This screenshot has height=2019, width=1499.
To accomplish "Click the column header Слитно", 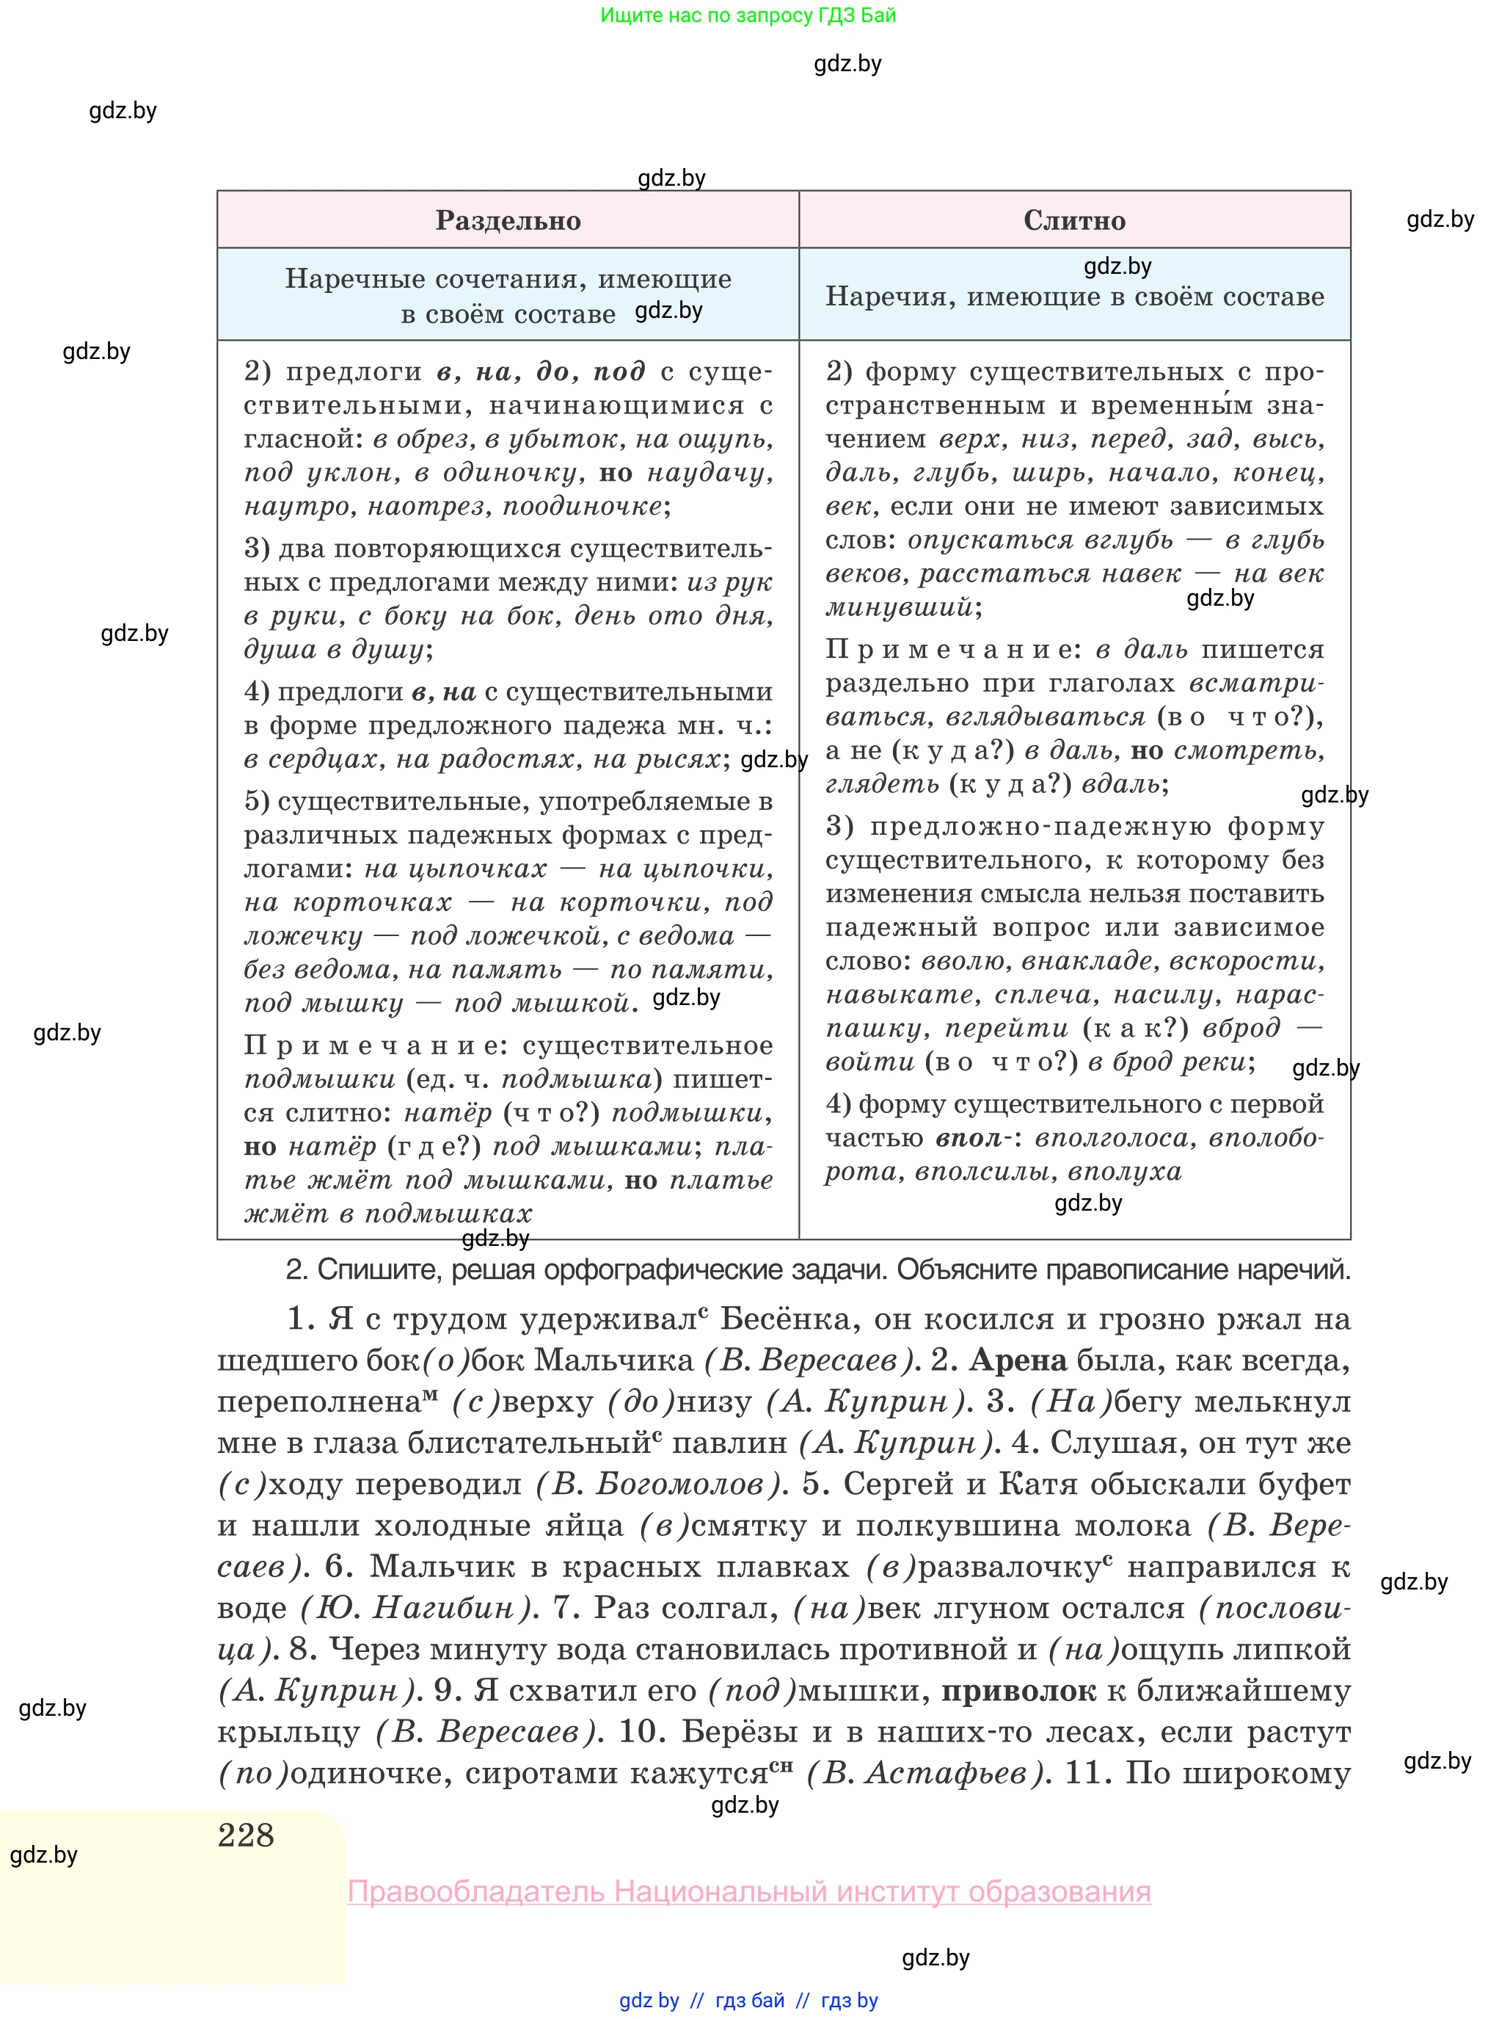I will tap(1074, 220).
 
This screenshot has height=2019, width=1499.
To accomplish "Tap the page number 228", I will tap(246, 1835).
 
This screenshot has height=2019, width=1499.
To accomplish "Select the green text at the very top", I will tap(748, 15).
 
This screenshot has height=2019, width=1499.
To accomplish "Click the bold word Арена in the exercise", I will tap(1017, 1360).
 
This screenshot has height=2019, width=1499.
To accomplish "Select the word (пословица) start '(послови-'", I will tap(1275, 1608).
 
